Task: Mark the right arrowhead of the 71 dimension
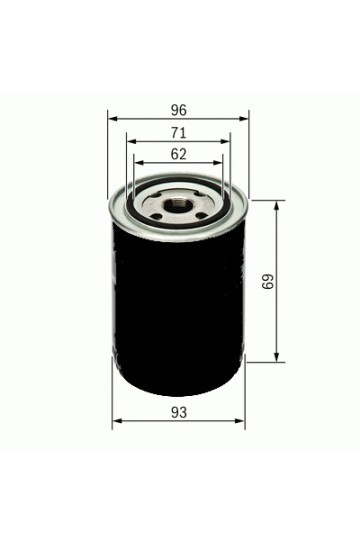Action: (x=227, y=142)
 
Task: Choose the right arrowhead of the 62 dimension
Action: (x=220, y=164)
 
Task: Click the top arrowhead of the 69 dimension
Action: (x=279, y=204)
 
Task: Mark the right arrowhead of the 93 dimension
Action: (x=241, y=424)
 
